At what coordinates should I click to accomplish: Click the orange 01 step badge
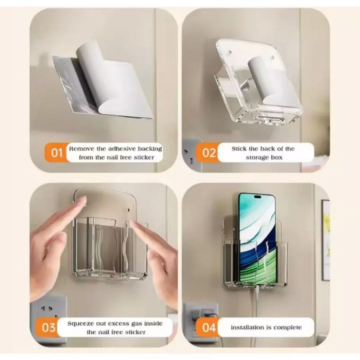[56, 153]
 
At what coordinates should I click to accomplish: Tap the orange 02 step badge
[208, 153]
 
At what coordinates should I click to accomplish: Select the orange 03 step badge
[48, 327]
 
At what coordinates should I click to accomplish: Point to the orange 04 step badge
[208, 327]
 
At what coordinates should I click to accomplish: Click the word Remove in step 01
[82, 149]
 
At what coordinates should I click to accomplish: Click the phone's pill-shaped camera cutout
[258, 197]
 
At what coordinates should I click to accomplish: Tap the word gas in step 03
[137, 324]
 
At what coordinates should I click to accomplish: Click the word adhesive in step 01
[122, 149]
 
